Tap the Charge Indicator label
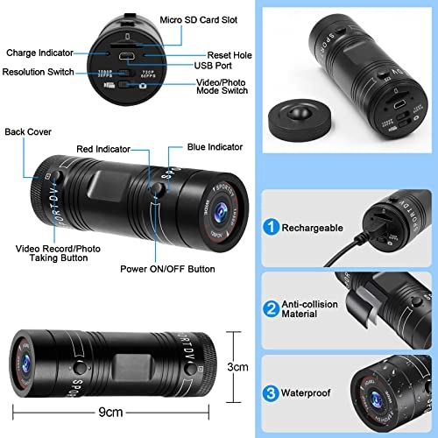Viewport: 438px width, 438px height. click(41, 53)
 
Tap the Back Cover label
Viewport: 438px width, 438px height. click(29, 132)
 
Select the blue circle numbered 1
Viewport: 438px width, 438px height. click(272, 228)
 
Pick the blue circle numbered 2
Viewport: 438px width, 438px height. click(272, 308)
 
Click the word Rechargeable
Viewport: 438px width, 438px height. click(311, 228)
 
